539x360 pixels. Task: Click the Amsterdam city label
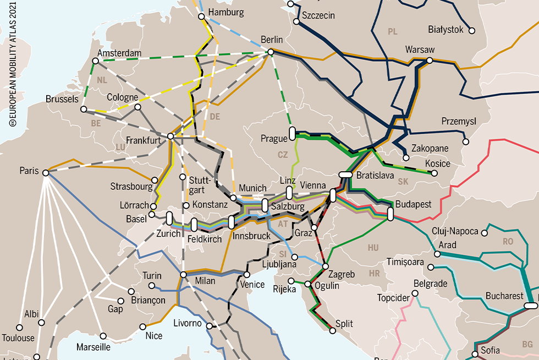[119, 53]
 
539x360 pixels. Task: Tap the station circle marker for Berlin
[270, 52]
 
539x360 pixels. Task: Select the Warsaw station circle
[430, 60]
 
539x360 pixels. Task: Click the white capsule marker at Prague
[292, 134]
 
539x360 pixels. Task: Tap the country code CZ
[283, 155]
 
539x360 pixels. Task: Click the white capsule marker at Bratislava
[345, 174]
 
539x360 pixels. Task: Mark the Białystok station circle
[471, 30]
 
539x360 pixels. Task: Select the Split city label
[344, 324]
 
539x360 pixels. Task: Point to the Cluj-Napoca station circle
[485, 232]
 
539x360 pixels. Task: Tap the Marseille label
[94, 347]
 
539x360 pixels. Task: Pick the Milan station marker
[184, 275]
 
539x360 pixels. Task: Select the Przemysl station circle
[466, 141]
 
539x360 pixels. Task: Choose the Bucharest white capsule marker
[531, 306]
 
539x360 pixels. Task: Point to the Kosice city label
[438, 163]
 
